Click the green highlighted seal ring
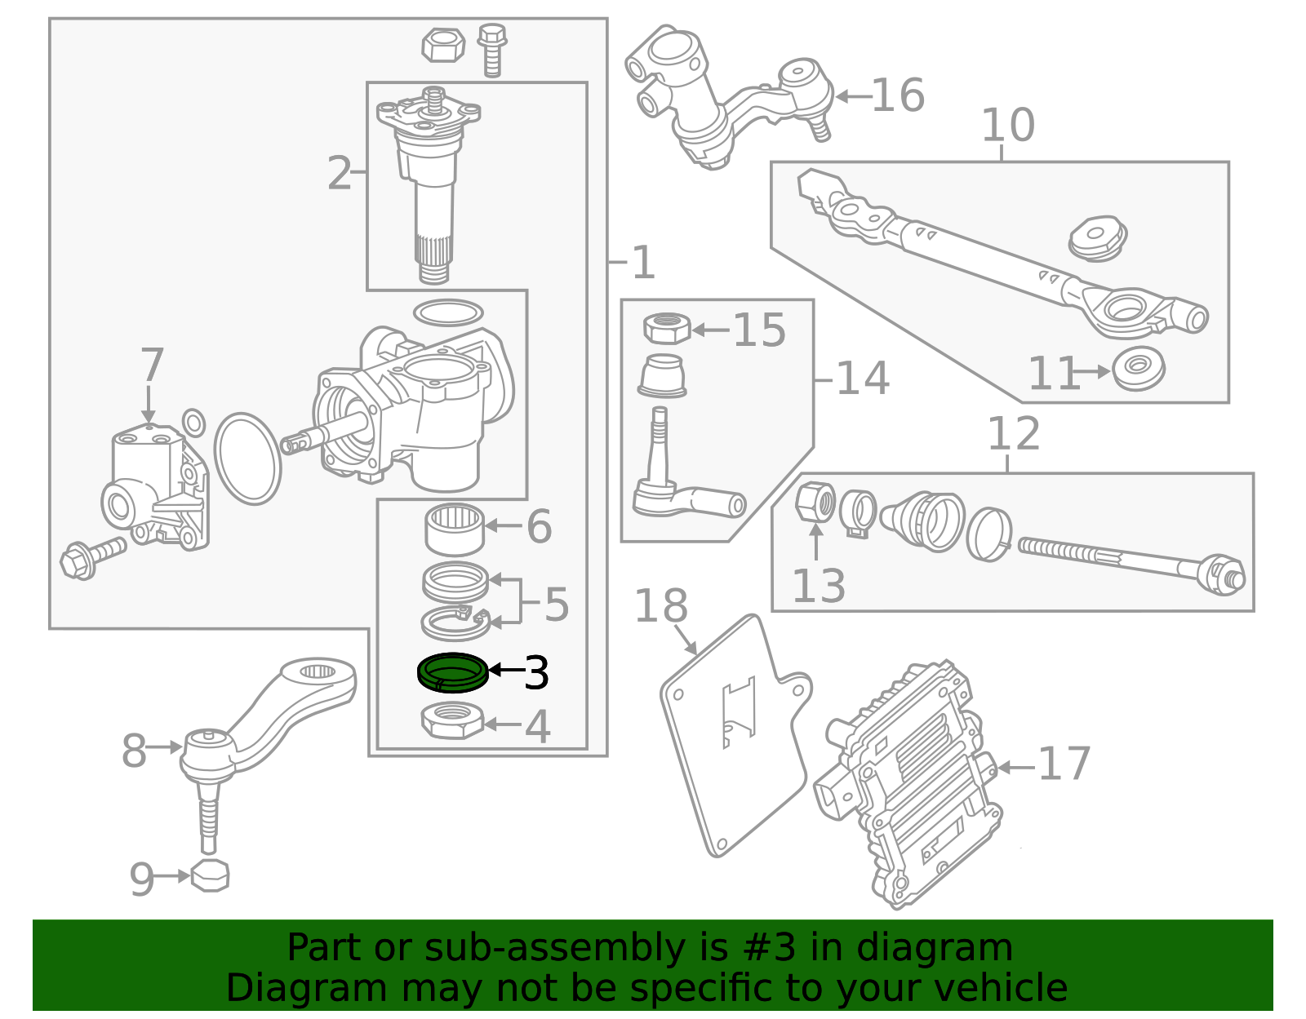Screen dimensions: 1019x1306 point(452,673)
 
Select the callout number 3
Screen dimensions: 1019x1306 point(536,672)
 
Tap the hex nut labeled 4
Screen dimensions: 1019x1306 point(453,720)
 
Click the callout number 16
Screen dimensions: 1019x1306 point(898,95)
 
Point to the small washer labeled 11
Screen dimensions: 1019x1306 point(1139,369)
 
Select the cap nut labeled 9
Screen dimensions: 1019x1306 point(210,875)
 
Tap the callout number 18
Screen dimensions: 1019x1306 point(660,606)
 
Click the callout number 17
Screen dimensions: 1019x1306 point(1064,764)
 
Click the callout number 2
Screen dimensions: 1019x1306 point(339,174)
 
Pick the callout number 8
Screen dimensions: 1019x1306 point(134,751)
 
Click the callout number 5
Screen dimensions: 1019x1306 point(556,605)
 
